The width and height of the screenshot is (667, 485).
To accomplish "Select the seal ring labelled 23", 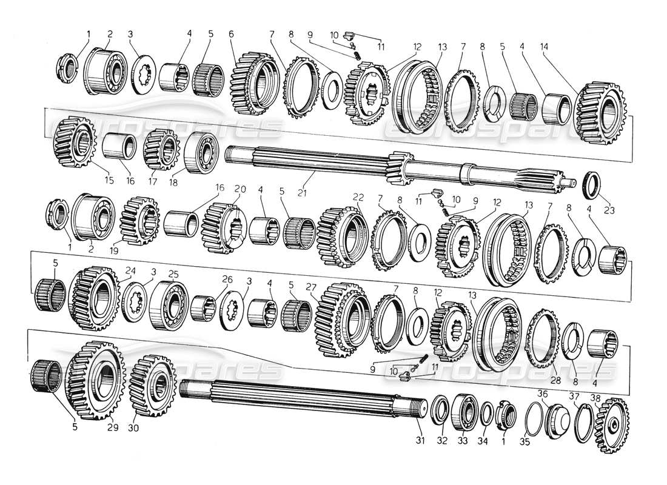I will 592,182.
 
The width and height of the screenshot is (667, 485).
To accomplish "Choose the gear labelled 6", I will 255,84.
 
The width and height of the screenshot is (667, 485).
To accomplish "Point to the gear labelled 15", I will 76,144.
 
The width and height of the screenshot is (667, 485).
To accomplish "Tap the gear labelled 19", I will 139,219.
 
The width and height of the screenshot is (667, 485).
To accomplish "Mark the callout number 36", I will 543,393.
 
